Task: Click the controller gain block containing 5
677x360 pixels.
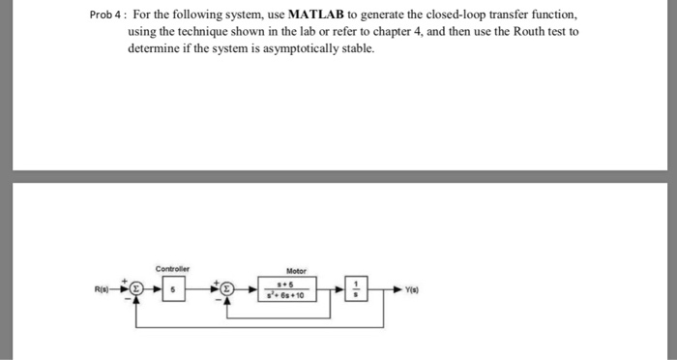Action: (172, 288)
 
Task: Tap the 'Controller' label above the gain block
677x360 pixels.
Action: (172, 268)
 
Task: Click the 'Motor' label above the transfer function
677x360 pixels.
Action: (296, 272)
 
